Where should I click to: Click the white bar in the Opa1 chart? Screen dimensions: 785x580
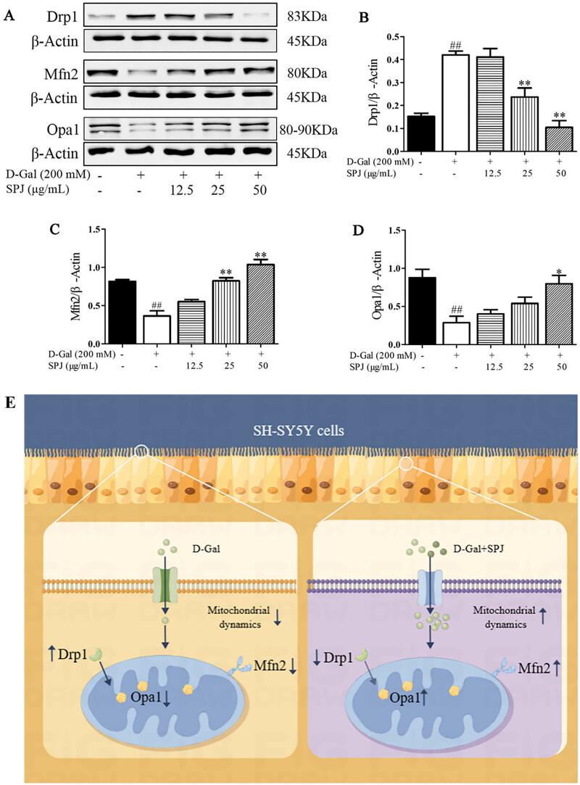(457, 333)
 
